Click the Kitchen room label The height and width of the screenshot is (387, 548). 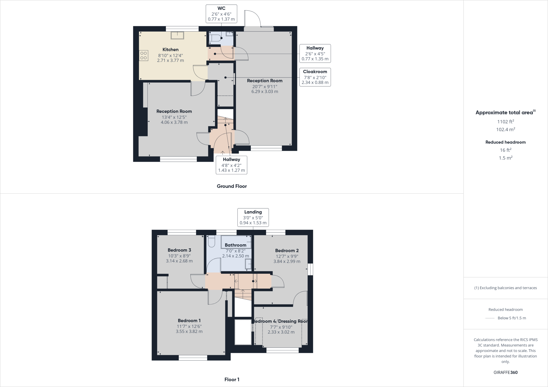click(x=170, y=50)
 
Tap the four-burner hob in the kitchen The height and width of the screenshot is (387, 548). click(x=143, y=55)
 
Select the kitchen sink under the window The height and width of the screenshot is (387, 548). click(x=177, y=35)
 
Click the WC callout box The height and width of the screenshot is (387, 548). click(x=221, y=14)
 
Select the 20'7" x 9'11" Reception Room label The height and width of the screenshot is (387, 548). click(x=265, y=81)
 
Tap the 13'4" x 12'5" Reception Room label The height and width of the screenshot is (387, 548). click(x=174, y=111)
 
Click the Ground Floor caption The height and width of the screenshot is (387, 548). click(x=232, y=186)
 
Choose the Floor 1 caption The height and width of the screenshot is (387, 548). click(x=232, y=380)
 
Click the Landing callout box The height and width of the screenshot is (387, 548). click(x=253, y=217)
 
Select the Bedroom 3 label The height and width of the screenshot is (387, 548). click(x=179, y=250)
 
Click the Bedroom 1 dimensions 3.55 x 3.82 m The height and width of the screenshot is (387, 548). click(x=189, y=331)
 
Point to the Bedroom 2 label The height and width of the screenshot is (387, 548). click(x=287, y=251)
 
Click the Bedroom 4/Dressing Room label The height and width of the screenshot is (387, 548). click(x=280, y=321)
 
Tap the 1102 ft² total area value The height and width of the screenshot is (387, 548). click(x=505, y=122)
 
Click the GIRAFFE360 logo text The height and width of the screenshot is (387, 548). click(x=505, y=372)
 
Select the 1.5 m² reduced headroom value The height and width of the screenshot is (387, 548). click(x=505, y=158)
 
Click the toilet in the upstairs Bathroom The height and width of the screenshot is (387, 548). click(x=211, y=241)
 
